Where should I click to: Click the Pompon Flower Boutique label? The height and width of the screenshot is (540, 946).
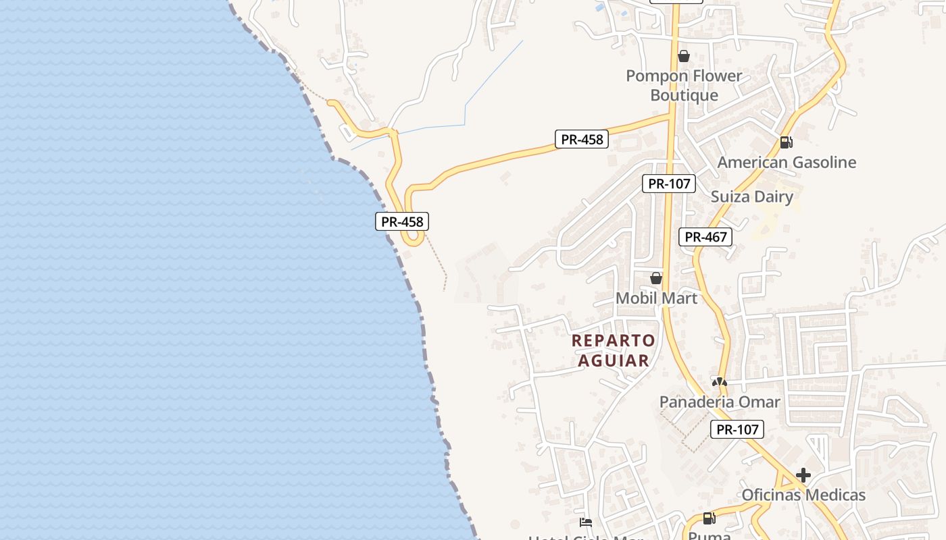click(684, 85)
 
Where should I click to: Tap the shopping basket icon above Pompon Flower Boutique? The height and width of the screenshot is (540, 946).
click(684, 56)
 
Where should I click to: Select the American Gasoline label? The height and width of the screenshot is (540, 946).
click(787, 162)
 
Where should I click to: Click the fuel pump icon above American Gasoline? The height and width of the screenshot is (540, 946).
click(786, 142)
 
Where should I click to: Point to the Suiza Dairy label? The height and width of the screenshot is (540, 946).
click(751, 196)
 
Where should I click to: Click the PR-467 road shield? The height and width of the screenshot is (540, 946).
click(705, 237)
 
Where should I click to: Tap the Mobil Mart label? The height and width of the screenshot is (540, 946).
click(656, 298)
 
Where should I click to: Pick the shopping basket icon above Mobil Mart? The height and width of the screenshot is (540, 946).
click(655, 278)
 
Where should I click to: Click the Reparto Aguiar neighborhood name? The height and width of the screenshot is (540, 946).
click(614, 350)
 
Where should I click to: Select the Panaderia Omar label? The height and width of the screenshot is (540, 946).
click(720, 402)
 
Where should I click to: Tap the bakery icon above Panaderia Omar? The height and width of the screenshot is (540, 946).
click(720, 382)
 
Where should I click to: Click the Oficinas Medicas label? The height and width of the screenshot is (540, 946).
click(803, 495)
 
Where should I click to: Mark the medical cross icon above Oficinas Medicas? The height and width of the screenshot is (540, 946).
click(803, 475)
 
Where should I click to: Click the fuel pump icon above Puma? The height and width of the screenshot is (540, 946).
click(709, 518)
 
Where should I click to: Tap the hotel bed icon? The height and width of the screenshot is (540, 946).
click(586, 522)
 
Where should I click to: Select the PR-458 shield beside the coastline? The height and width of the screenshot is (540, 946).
click(402, 221)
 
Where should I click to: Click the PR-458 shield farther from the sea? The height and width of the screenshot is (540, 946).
click(582, 140)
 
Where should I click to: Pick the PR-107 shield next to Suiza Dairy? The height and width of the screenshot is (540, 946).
click(668, 183)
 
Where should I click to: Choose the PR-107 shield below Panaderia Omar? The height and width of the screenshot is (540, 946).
click(737, 429)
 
